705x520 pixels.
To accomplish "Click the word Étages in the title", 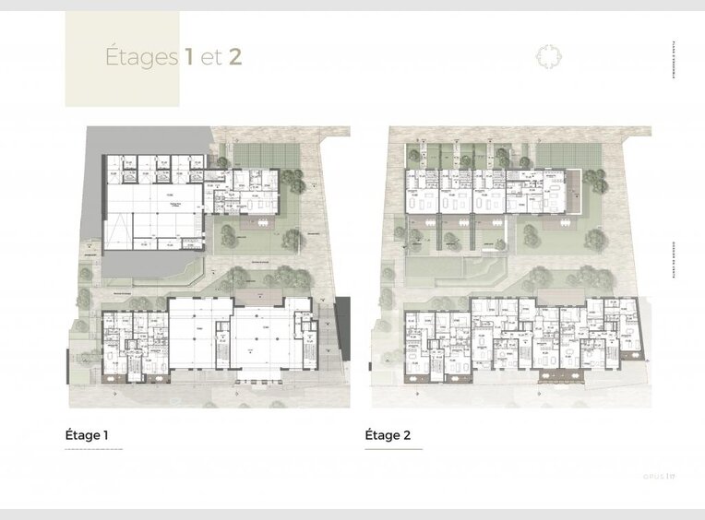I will (141, 57).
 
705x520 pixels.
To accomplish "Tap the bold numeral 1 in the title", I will (188, 57).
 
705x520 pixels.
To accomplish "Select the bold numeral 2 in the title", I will (234, 57).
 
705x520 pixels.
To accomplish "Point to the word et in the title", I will (211, 58).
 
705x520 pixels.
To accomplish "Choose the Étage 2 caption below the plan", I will (388, 435).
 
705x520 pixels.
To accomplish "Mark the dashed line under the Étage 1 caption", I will (93, 449).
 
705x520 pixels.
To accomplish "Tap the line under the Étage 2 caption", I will (394, 449).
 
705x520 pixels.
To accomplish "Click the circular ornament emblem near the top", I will (548, 57).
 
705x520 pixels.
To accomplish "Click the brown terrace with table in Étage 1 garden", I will (260, 223).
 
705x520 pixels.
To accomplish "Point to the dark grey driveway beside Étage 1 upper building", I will (92, 184).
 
